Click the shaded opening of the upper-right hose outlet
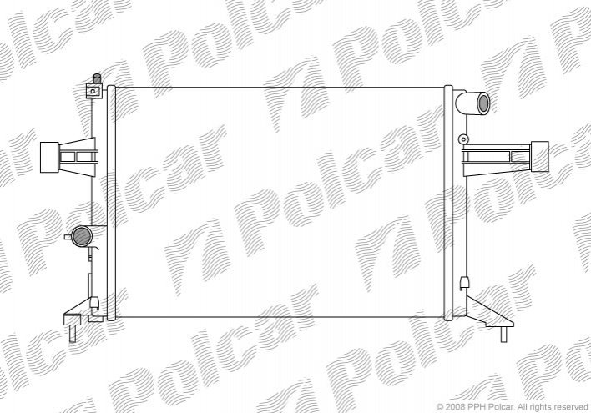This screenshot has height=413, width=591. point(483,103)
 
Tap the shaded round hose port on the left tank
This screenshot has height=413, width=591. point(82,236)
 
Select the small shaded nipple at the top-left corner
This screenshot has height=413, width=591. point(97,79)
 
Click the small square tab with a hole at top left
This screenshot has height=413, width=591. point(93,91)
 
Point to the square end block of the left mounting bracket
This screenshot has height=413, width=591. point(49,157)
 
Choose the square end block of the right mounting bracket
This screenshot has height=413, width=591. point(539,156)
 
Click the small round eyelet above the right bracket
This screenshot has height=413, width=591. point(462,139)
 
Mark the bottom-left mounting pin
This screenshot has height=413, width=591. point(73,333)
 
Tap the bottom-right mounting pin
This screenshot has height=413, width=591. point(503,335)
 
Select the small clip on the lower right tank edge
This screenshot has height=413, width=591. point(464,283)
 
